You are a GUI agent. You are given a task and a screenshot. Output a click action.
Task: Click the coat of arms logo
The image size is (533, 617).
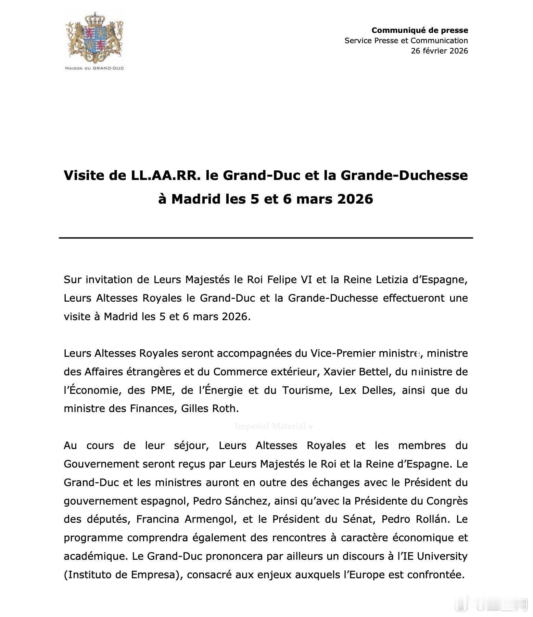pos(94,37)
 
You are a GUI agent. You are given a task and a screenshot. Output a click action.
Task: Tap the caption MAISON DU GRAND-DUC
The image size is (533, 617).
pos(94,68)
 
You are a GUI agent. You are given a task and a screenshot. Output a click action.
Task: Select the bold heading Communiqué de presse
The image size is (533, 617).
pos(420,30)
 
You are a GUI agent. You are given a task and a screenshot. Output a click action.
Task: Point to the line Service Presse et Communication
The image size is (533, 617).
pos(406,40)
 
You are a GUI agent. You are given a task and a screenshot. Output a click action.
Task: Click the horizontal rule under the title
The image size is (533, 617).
pos(266,238)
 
